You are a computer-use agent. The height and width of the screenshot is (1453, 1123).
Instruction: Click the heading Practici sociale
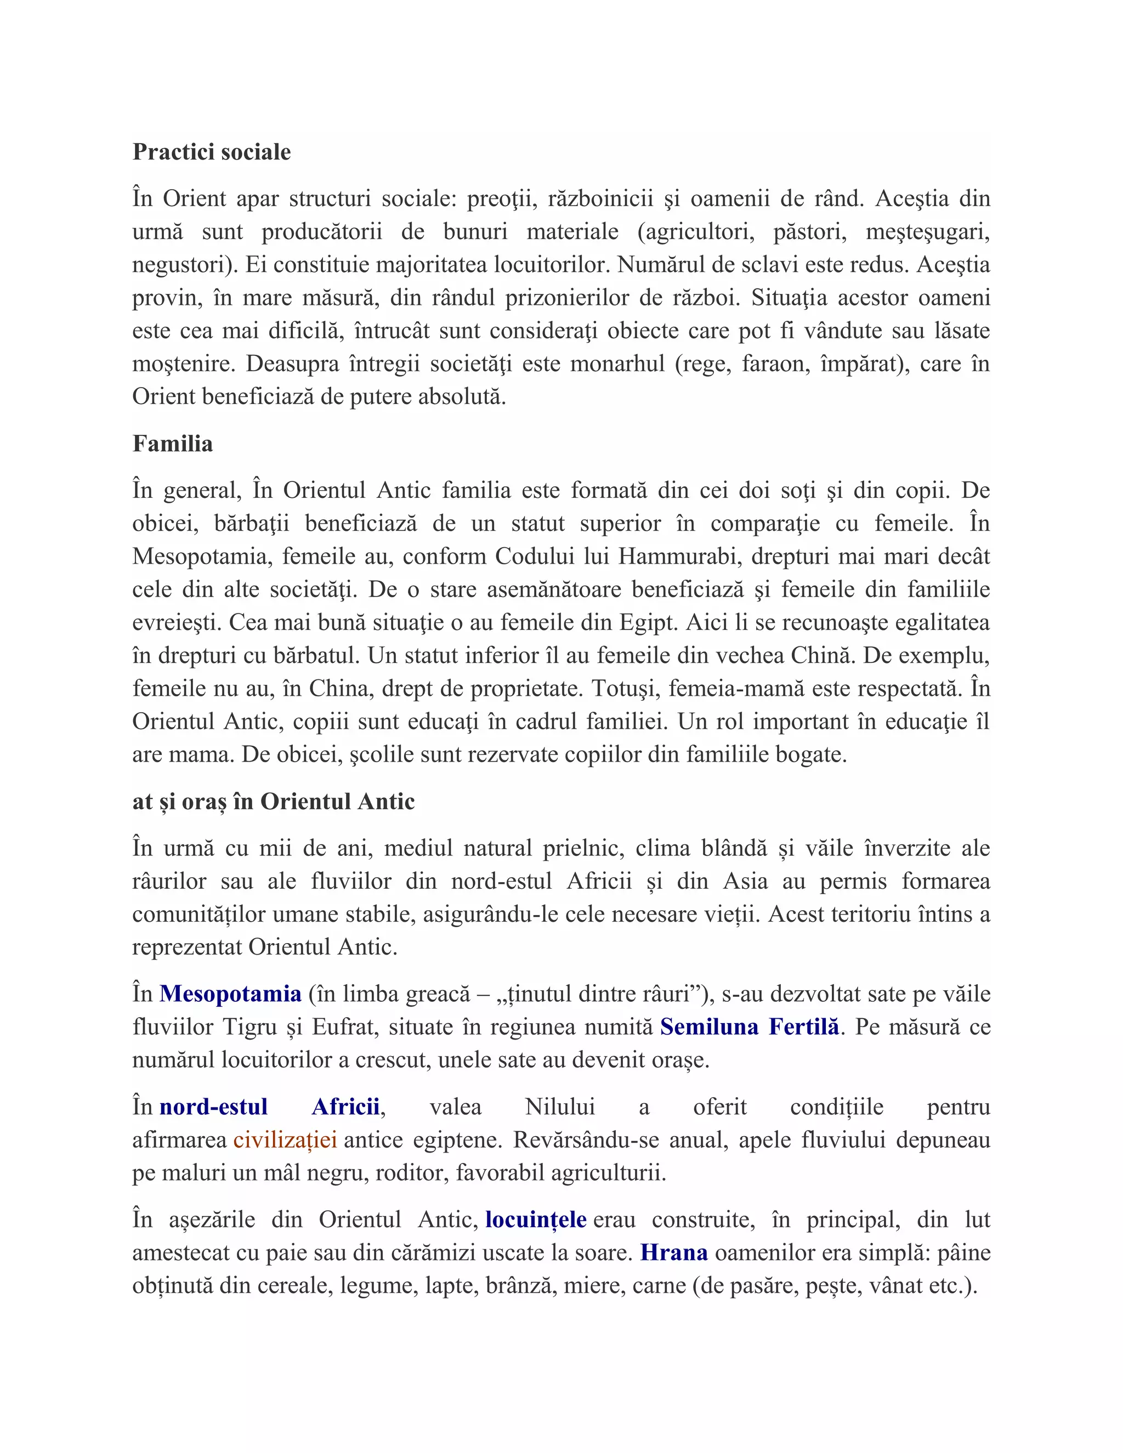(x=212, y=152)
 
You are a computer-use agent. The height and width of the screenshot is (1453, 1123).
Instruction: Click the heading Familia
(x=172, y=444)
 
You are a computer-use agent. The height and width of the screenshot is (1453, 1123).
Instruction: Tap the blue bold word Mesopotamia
(x=230, y=994)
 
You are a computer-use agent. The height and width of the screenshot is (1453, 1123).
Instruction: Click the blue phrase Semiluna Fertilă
(x=749, y=1027)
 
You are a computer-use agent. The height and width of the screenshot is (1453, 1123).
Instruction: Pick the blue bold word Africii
(x=345, y=1107)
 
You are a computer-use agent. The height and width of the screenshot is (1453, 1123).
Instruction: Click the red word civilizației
(x=285, y=1140)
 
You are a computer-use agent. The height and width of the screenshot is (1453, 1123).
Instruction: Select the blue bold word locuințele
(x=536, y=1219)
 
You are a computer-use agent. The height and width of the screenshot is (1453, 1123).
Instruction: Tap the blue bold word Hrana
(x=673, y=1253)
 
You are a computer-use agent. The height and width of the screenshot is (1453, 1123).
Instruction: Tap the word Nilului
(x=559, y=1107)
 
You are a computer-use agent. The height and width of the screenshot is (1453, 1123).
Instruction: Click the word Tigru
(x=249, y=1027)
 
